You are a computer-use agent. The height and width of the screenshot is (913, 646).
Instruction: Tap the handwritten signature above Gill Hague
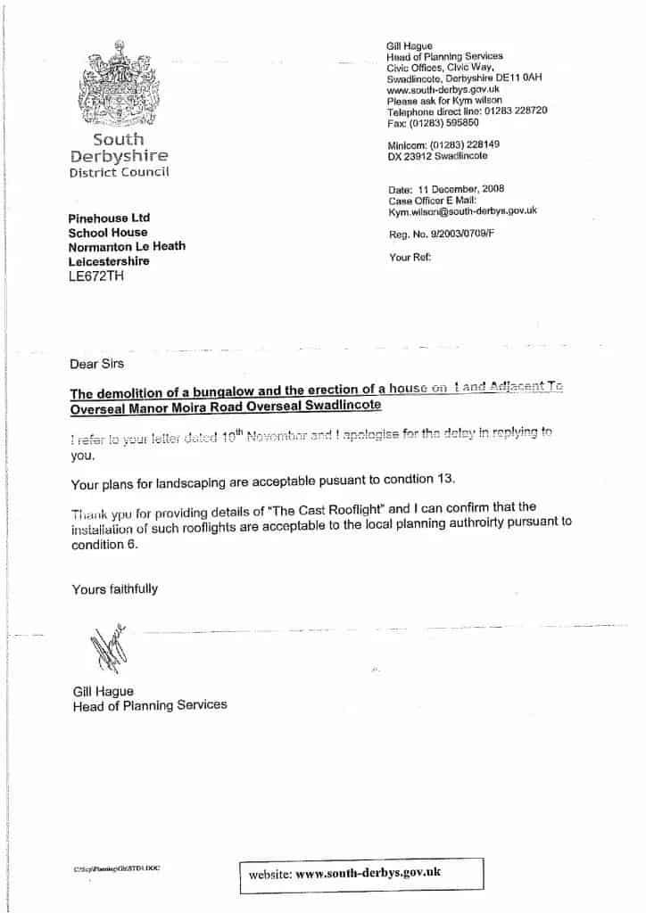point(102,648)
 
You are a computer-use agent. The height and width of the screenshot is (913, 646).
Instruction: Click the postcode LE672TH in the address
point(97,276)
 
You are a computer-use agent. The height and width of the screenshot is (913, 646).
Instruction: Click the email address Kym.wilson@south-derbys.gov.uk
point(461,211)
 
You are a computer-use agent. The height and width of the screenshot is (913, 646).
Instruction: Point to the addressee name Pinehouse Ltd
point(110,218)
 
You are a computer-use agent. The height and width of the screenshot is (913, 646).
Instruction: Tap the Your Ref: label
point(410,257)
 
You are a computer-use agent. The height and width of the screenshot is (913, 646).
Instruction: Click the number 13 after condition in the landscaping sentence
point(447,480)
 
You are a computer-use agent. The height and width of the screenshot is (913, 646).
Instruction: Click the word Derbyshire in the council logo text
point(119,156)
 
